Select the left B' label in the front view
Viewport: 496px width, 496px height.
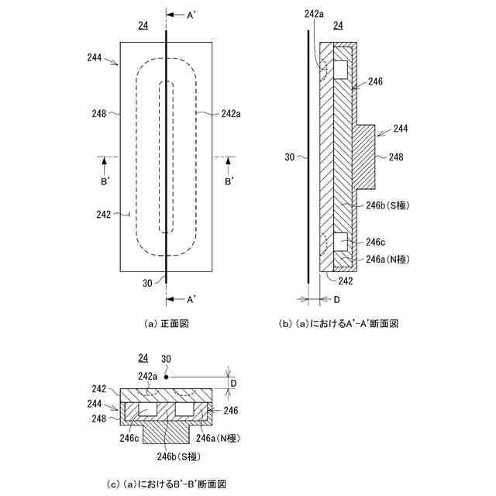[105, 182]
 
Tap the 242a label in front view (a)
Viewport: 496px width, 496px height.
[230, 113]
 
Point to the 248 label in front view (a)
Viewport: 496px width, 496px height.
[98, 113]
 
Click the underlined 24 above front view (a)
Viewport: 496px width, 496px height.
[143, 26]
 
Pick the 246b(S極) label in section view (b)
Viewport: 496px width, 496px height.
[391, 205]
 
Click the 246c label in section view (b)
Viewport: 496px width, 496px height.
[376, 242]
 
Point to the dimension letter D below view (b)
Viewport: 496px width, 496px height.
[336, 298]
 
